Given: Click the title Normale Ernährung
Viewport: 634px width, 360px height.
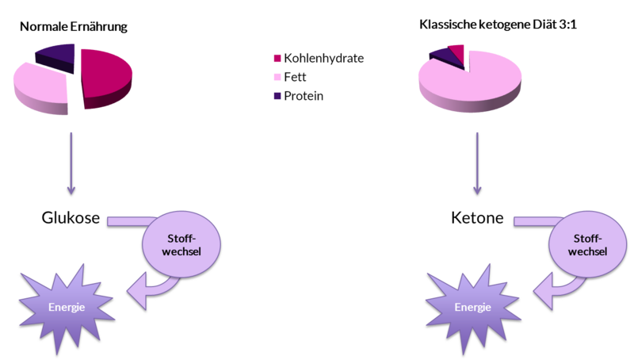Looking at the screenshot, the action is pyautogui.click(x=74, y=27).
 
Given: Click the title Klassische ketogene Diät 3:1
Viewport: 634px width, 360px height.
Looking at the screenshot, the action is pyautogui.click(x=498, y=25).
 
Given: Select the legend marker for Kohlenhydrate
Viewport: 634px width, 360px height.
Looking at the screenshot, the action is pyautogui.click(x=277, y=58).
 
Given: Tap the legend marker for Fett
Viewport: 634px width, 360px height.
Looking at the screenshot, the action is pyautogui.click(x=277, y=77).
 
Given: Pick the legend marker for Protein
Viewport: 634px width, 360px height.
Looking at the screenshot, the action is pyautogui.click(x=277, y=96).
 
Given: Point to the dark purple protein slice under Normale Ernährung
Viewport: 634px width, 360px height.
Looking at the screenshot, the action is pyautogui.click(x=56, y=56).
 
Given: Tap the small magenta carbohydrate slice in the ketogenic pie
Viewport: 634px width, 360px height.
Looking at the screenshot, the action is pyautogui.click(x=457, y=52).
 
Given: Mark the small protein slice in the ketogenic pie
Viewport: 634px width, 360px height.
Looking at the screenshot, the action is pyautogui.click(x=443, y=58).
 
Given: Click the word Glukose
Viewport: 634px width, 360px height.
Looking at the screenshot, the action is pyautogui.click(x=71, y=218).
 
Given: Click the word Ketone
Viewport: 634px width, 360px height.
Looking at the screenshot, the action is pyautogui.click(x=477, y=218).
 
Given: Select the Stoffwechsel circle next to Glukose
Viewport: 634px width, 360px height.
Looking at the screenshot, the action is pyautogui.click(x=181, y=244).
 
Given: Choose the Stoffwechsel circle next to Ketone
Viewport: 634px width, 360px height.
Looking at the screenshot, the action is pyautogui.click(x=587, y=244).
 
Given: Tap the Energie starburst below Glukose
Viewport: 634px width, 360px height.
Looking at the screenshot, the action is pyautogui.click(x=67, y=308).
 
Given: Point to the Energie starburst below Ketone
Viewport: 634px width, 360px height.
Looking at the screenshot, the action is pyautogui.click(x=472, y=308).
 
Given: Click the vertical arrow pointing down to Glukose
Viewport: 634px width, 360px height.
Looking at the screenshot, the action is pyautogui.click(x=71, y=163).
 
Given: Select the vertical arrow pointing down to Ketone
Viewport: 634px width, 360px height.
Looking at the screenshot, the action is pyautogui.click(x=477, y=163).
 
